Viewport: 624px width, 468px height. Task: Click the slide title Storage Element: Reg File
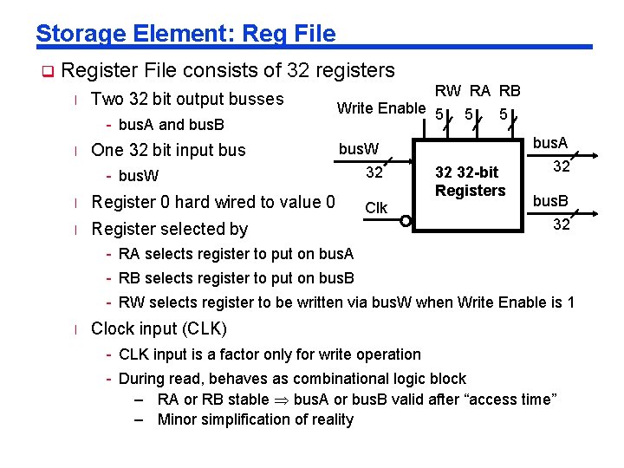tap(185, 33)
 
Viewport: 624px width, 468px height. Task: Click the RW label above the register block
tap(448, 91)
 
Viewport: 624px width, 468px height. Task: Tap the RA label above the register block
tap(479, 91)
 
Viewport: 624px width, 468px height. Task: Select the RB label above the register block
tap(510, 91)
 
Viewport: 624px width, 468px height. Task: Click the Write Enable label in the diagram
tap(380, 107)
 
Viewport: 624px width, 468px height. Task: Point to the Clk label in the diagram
tap(376, 208)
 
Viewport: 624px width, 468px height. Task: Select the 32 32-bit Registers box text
tap(470, 181)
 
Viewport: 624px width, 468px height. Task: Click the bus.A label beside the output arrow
tap(549, 143)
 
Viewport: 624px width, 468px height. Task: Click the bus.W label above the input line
tap(357, 149)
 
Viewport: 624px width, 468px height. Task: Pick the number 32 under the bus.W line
tap(374, 172)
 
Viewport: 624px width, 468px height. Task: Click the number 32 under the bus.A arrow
tap(561, 166)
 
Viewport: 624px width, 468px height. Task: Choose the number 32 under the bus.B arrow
tap(561, 224)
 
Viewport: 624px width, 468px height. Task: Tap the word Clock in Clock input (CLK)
tap(112, 328)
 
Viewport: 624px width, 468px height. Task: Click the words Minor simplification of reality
tap(256, 419)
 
